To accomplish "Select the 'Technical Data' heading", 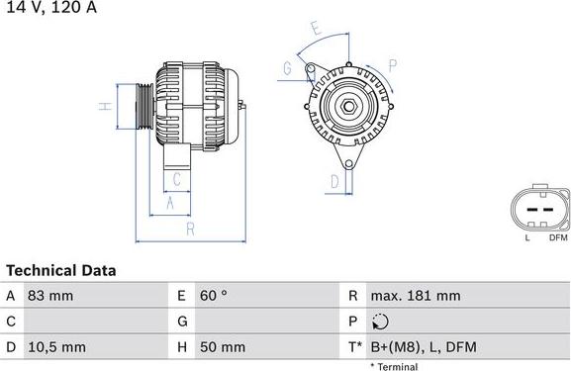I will click(x=61, y=270).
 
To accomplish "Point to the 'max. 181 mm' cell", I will click(x=416, y=296).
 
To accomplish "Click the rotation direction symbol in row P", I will click(x=382, y=322).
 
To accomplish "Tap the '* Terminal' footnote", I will click(x=394, y=366).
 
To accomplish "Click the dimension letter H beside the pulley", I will click(x=102, y=106).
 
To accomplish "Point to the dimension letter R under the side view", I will click(x=189, y=230).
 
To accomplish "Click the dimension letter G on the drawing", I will click(x=287, y=68).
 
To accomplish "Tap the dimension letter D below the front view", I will click(x=334, y=181).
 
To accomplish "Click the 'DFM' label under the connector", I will click(x=557, y=238).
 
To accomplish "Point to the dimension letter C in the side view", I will click(x=176, y=179).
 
